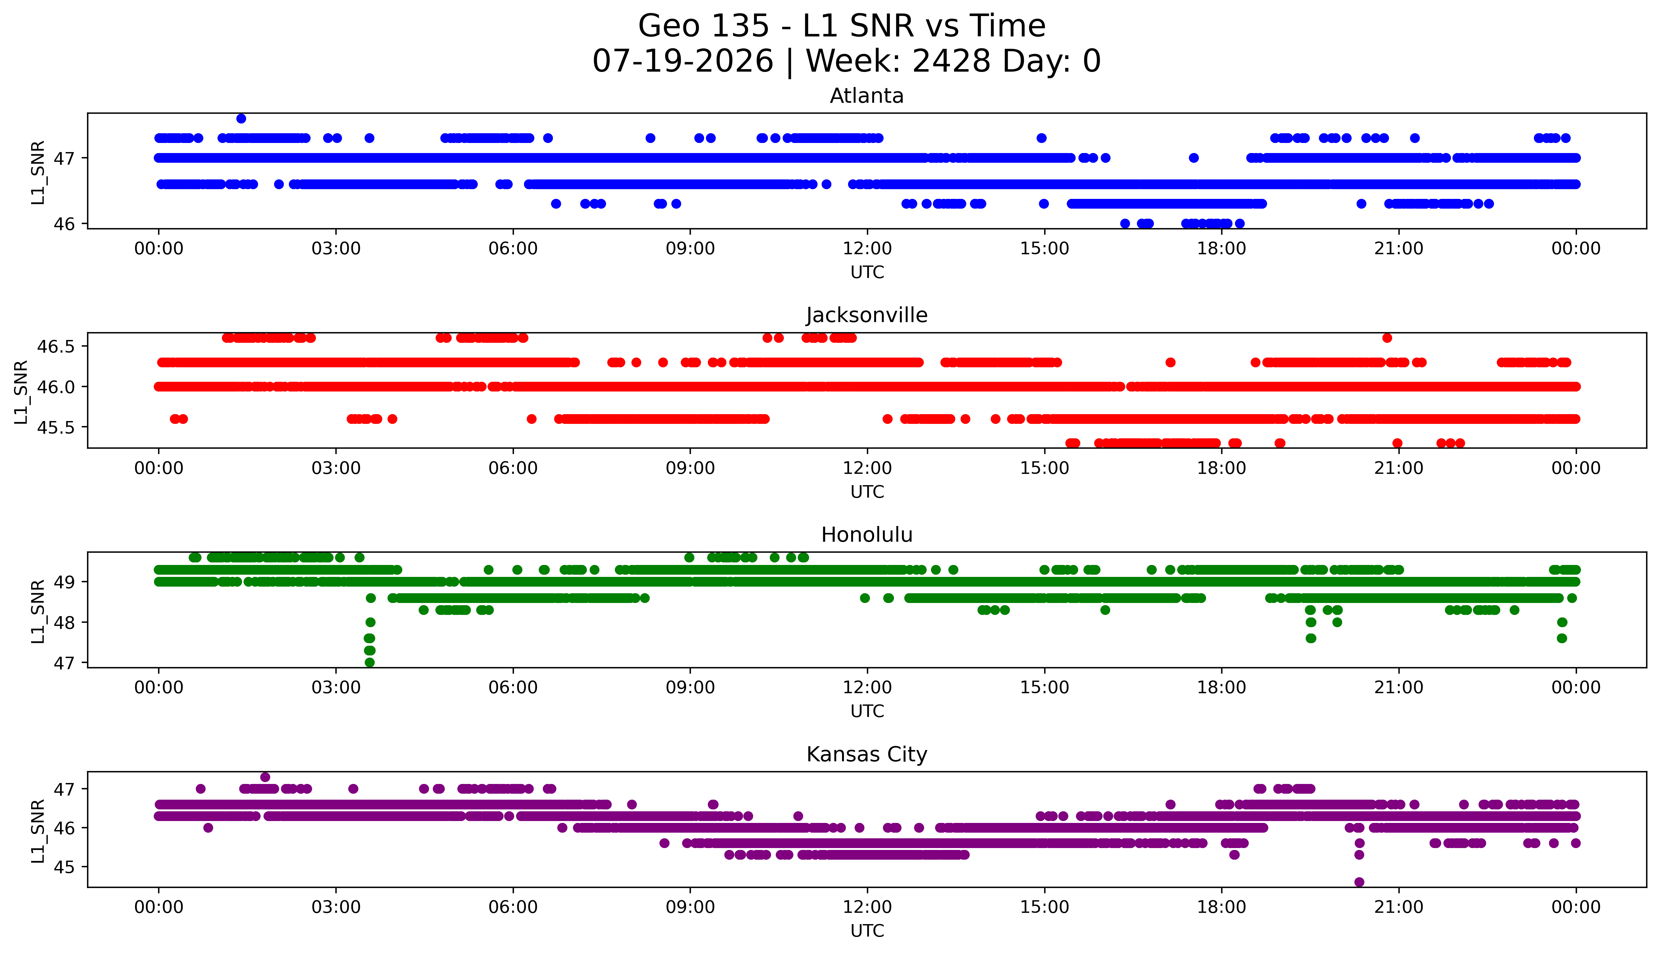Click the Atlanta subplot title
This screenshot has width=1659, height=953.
coord(867,96)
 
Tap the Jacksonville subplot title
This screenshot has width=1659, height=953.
coord(867,315)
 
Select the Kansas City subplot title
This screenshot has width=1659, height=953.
coord(867,755)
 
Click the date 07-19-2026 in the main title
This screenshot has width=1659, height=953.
coord(683,62)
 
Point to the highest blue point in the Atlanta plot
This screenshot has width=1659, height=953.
coord(241,118)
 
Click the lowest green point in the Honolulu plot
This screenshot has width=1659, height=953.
coord(369,662)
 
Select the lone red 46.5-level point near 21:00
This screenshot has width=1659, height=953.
coord(1387,338)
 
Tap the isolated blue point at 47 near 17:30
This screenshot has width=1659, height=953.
coord(1193,158)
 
